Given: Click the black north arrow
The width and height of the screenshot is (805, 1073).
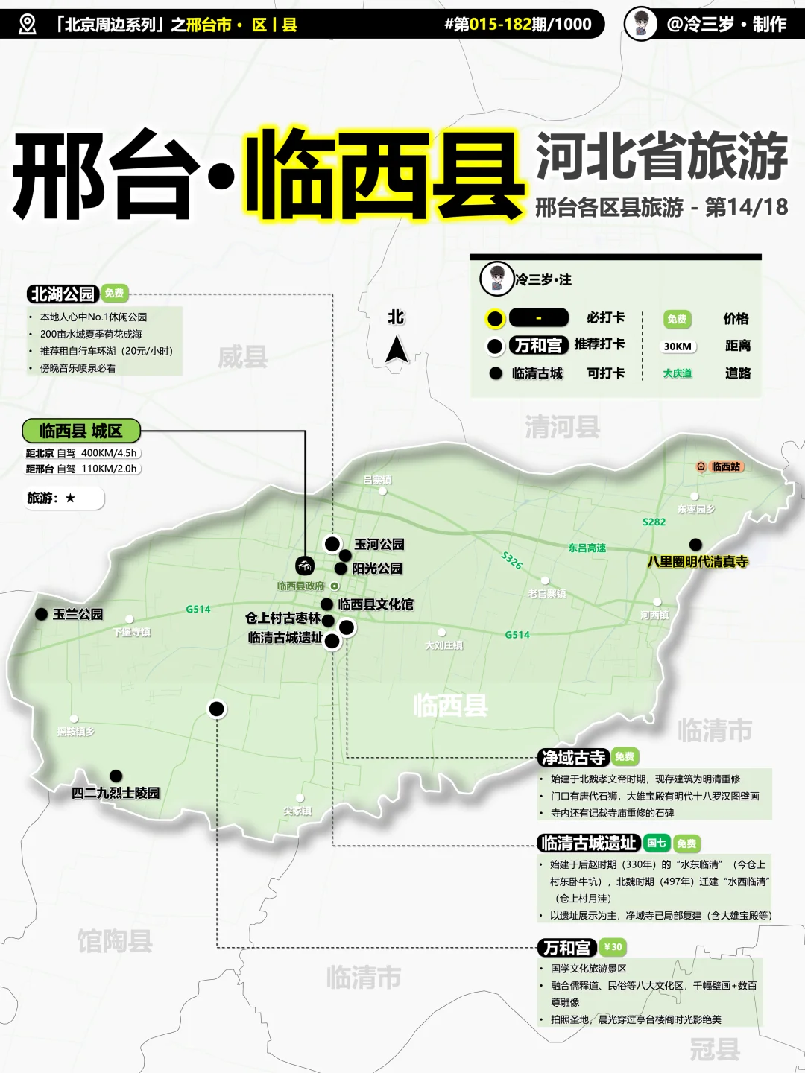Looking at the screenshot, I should pyautogui.click(x=397, y=349).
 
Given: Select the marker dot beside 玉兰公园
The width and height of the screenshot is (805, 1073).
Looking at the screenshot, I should pyautogui.click(x=42, y=614).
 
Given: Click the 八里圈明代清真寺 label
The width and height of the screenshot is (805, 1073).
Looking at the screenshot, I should pyautogui.click(x=698, y=562).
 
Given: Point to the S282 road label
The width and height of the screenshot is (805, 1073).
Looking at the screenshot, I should pyautogui.click(x=654, y=522).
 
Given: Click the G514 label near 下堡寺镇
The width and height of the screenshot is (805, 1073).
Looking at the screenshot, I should pyautogui.click(x=198, y=609).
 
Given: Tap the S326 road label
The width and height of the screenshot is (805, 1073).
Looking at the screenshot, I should pyautogui.click(x=512, y=560).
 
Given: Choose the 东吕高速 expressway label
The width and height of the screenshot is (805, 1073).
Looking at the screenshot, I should pyautogui.click(x=587, y=548).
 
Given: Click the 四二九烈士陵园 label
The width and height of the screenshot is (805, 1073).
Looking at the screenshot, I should pyautogui.click(x=116, y=793).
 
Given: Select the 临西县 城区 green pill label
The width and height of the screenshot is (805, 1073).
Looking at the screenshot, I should pyautogui.click(x=80, y=431).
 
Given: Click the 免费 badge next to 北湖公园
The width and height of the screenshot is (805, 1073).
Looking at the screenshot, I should pyautogui.click(x=114, y=294).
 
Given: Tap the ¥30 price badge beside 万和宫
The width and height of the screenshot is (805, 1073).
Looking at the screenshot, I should pyautogui.click(x=612, y=947).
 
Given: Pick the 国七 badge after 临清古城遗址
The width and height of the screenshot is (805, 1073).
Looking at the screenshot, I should pyautogui.click(x=657, y=843).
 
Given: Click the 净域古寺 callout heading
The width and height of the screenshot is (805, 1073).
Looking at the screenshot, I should pyautogui.click(x=573, y=758).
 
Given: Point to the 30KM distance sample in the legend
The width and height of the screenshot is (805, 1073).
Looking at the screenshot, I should pyautogui.click(x=678, y=346).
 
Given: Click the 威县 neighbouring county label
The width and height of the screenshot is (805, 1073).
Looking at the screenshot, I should pyautogui.click(x=242, y=357).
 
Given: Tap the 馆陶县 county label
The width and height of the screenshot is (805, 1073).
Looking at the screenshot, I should pyautogui.click(x=115, y=940).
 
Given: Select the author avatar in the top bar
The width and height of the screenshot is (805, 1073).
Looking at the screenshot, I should pyautogui.click(x=640, y=24).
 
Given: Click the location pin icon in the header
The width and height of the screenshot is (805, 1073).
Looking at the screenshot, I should pyautogui.click(x=27, y=25).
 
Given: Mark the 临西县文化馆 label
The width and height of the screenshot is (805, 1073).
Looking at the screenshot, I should pyautogui.click(x=376, y=604).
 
